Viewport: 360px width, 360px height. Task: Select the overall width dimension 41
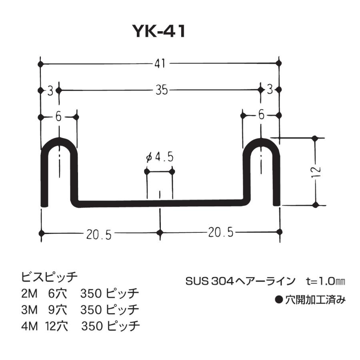click(160, 64)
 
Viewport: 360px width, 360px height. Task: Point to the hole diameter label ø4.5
click(160, 158)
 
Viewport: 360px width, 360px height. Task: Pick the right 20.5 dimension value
click(220, 232)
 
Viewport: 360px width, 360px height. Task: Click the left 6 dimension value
click(58, 117)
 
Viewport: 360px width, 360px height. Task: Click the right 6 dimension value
click(261, 116)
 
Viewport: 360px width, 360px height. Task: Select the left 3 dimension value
click(50, 91)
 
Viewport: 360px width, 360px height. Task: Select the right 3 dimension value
click(270, 90)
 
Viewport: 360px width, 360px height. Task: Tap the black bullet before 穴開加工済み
click(280, 299)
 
